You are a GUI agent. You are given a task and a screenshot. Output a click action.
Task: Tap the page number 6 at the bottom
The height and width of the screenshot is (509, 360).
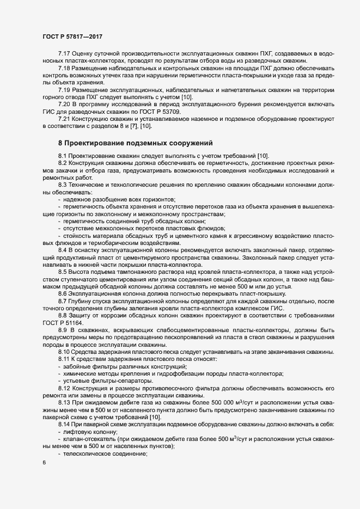[x=44, y=463]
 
